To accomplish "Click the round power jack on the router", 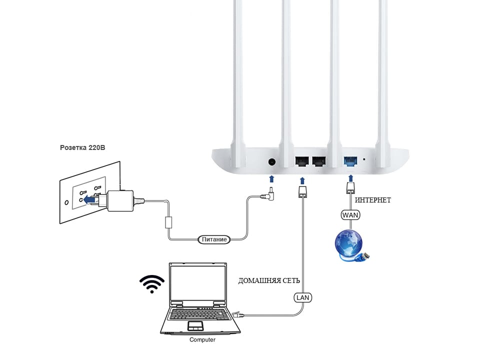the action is pyautogui.click(x=271, y=161).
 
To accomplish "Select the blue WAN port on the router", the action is pyautogui.click(x=350, y=161).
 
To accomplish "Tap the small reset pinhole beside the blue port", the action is pyautogui.click(x=364, y=159).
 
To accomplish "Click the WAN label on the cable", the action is pyautogui.click(x=350, y=215).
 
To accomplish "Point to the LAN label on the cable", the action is pyautogui.click(x=303, y=297).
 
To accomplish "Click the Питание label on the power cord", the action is pyautogui.click(x=214, y=239).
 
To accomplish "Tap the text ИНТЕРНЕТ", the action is pyautogui.click(x=373, y=200).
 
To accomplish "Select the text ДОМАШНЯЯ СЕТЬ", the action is pyautogui.click(x=269, y=280).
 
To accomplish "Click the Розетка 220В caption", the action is pyautogui.click(x=82, y=148).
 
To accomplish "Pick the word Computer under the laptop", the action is pyautogui.click(x=202, y=340).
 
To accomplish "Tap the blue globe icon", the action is pyautogui.click(x=349, y=244).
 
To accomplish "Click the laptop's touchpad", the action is pyautogui.click(x=195, y=326).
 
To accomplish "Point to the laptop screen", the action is pyautogui.click(x=198, y=283).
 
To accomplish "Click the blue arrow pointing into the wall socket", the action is pyautogui.click(x=89, y=200).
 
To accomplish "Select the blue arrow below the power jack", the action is pyautogui.click(x=271, y=179).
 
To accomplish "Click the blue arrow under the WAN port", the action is pyautogui.click(x=351, y=178).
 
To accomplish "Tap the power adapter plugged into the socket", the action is pyautogui.click(x=120, y=201).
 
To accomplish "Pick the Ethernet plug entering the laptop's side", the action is pyautogui.click(x=237, y=314).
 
